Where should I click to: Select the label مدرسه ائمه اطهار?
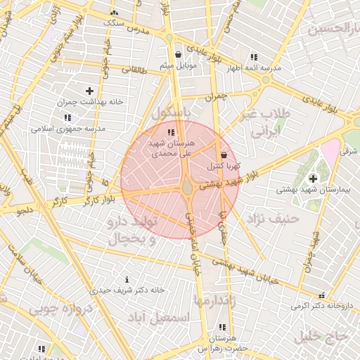coord(253,68)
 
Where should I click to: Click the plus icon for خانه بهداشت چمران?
coord(89,91)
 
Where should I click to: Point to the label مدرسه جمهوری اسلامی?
coord(67,129)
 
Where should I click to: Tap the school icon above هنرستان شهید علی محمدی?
coord(170,132)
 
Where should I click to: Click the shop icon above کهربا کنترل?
coord(224,155)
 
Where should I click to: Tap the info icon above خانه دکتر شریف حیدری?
coord(127,279)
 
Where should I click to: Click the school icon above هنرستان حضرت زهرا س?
coord(223,327)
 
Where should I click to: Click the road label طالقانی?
coord(134,70)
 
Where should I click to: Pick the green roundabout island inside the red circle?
coord(187,188)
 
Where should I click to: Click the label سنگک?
coord(113,22)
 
